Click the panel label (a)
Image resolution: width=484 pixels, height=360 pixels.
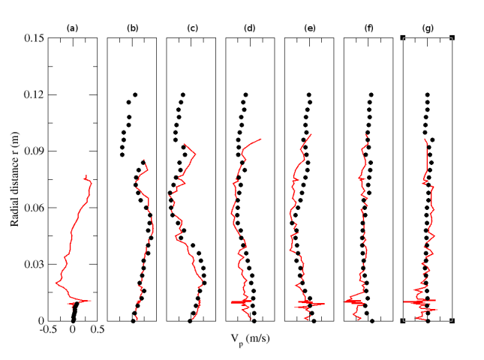click(72, 29)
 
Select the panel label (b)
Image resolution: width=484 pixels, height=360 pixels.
click(132, 29)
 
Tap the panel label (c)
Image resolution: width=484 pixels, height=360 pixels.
click(191, 29)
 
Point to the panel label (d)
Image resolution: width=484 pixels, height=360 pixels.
click(250, 29)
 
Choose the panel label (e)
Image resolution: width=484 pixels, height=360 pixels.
click(309, 29)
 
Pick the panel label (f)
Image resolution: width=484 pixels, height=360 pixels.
click(368, 29)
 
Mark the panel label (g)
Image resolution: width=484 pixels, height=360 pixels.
click(428, 29)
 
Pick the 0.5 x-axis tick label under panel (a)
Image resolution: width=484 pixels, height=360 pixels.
click(98, 328)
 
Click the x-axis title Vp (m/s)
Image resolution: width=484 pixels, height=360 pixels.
click(250, 340)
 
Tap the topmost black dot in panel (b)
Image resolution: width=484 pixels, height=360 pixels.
click(135, 95)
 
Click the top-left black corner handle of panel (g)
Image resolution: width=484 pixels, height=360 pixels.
click(404, 37)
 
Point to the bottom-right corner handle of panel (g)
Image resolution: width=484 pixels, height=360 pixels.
click(452, 321)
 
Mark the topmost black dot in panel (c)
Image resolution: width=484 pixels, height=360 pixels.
click(182, 95)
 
